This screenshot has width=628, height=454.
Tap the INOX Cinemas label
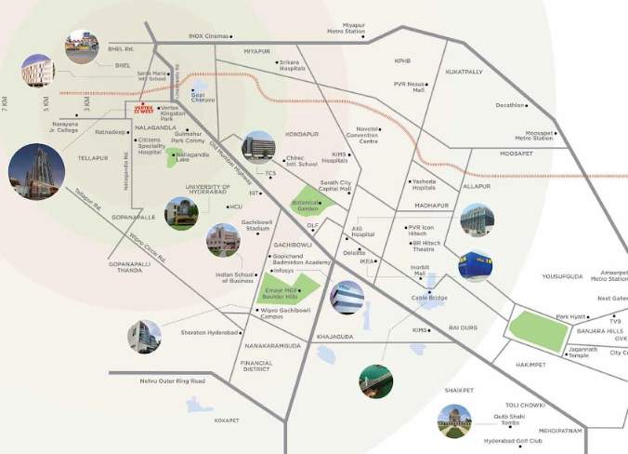[207, 36]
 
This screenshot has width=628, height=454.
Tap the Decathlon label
[510, 105]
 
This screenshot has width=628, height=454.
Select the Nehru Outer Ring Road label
[171, 381]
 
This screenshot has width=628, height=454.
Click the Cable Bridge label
[430, 298]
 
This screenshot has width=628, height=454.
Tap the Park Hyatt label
[571, 316]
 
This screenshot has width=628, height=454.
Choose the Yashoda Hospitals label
[427, 184]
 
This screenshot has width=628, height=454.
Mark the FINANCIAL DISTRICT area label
[255, 367]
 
